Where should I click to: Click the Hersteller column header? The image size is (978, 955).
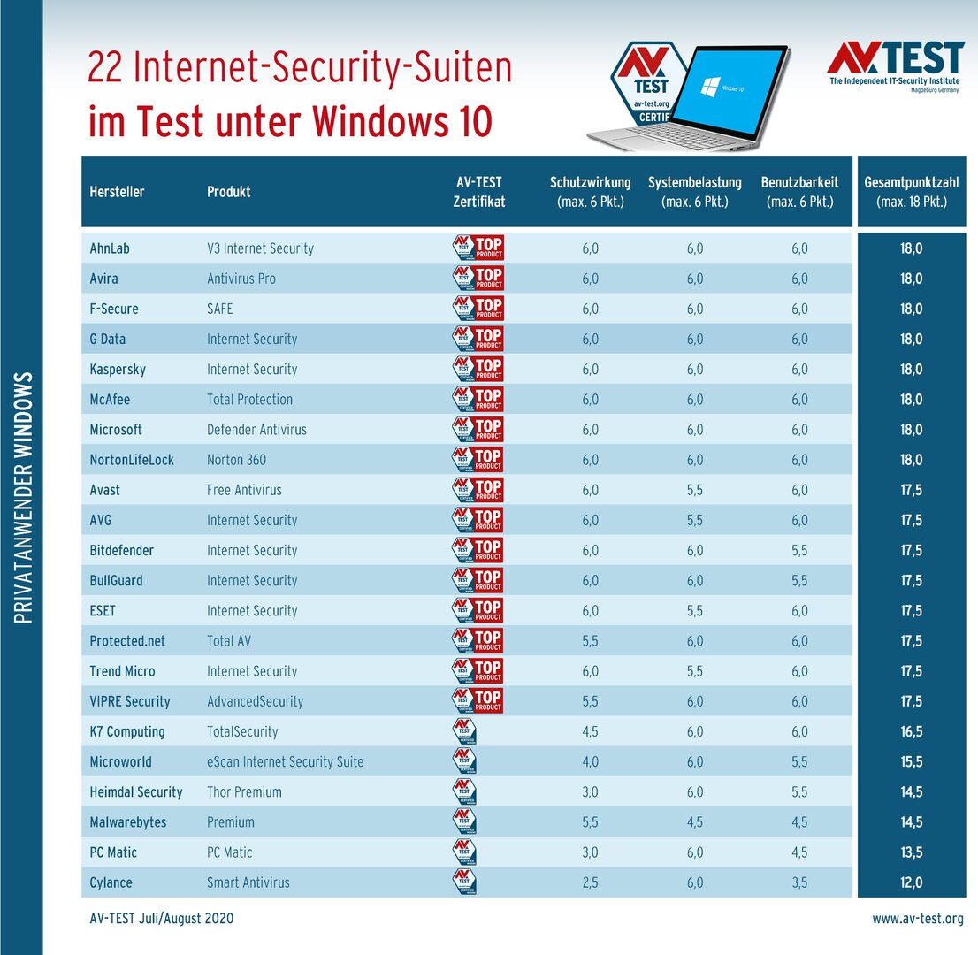pyautogui.click(x=117, y=192)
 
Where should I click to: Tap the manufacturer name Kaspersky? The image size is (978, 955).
pyautogui.click(x=118, y=370)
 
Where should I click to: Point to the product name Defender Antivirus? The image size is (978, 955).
pyautogui.click(x=256, y=430)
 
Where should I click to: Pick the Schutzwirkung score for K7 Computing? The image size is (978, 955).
pyautogui.click(x=590, y=732)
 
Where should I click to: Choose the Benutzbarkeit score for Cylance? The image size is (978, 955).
pyautogui.click(x=798, y=882)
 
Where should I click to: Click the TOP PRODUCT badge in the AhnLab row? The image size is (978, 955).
pyautogui.click(x=478, y=248)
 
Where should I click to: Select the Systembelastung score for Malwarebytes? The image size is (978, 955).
pyautogui.click(x=695, y=822)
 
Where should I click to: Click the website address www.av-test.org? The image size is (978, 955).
pyautogui.click(x=918, y=920)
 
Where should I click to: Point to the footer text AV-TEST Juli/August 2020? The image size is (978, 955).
pyautogui.click(x=162, y=920)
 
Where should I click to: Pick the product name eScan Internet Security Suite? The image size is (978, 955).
pyautogui.click(x=285, y=762)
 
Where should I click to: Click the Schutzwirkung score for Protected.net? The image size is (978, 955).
pyautogui.click(x=590, y=641)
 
